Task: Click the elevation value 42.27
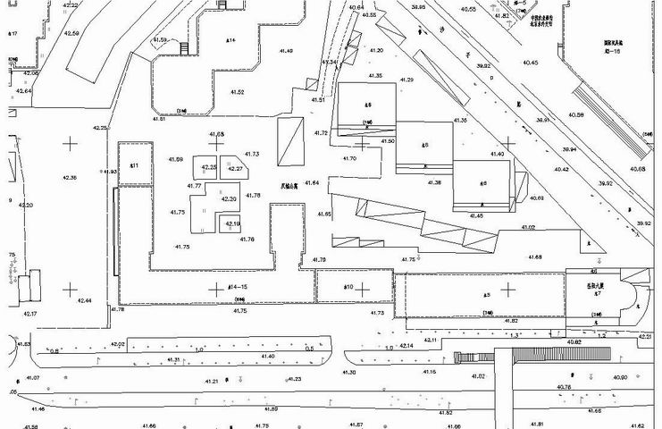coord(235,169)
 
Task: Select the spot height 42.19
coord(231,223)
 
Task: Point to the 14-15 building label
coord(212,287)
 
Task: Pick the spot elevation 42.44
coord(85,300)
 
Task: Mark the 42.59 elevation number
coord(71,34)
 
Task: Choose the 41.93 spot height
coord(110,172)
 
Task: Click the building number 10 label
coord(349,287)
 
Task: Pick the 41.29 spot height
coord(406,80)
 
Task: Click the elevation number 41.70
coord(348,158)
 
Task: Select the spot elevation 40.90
coord(620,377)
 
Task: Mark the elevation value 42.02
coord(116,344)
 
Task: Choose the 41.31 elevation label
coord(174,359)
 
